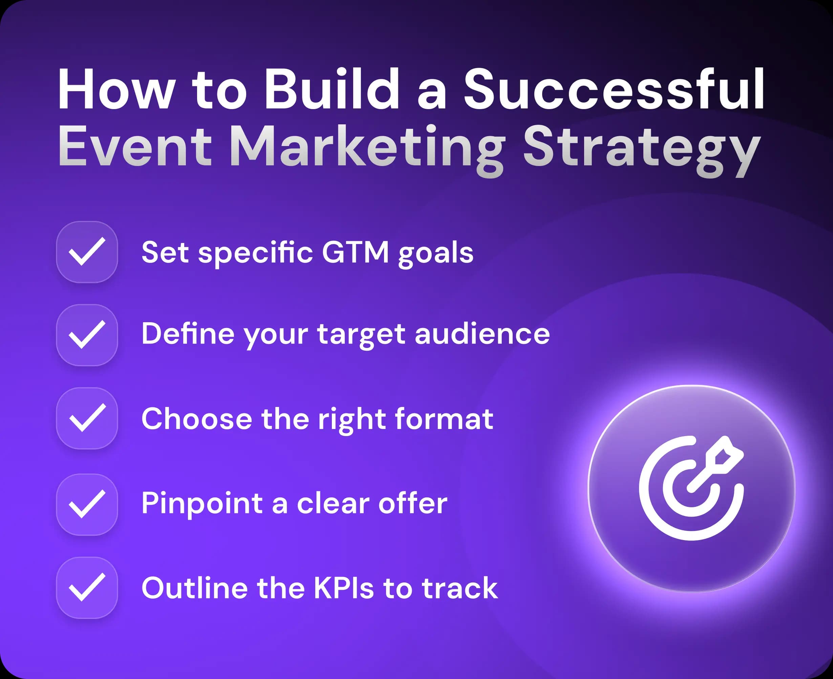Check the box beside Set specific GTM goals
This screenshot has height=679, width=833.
(x=87, y=252)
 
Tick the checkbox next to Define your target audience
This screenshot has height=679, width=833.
(x=87, y=335)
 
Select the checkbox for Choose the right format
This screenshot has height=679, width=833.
(x=87, y=418)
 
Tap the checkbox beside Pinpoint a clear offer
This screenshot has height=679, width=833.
(x=87, y=504)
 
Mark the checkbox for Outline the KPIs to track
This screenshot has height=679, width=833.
(x=87, y=588)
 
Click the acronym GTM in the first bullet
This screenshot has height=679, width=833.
(x=355, y=252)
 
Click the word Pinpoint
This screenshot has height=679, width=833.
(x=202, y=504)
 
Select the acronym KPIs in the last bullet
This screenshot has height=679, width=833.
(x=344, y=588)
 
